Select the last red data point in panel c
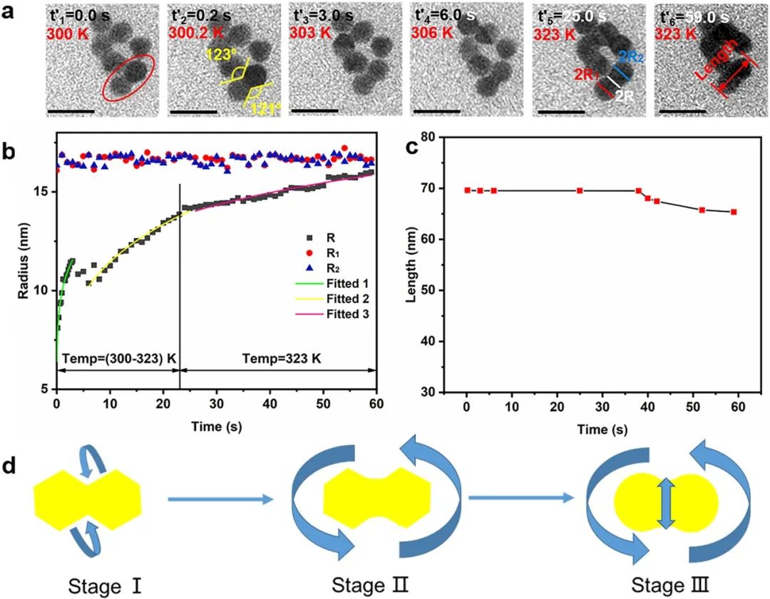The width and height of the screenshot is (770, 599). (734, 212)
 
